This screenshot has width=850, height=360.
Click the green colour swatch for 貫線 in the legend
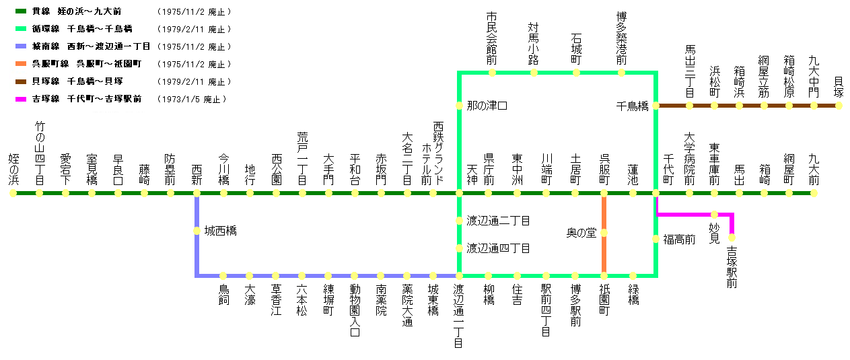pos(20,11)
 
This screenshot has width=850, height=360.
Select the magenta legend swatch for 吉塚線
pos(20,99)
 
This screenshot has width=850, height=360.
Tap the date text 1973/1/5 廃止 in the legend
pos(193,100)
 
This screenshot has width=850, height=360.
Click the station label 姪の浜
pos(13,169)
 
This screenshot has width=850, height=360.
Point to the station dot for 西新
pos(197,193)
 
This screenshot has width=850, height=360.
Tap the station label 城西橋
pos(220,231)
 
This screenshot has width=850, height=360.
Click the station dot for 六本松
pos(302,275)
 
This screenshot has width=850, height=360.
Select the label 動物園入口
pos(355,310)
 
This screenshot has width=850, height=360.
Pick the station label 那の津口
pos(487,106)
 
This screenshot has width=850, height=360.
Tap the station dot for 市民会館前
pos(492,72)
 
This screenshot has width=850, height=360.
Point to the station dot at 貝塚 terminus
pos(839,106)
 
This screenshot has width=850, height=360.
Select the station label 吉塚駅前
pos(732,268)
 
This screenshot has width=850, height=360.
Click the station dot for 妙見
pos(714,215)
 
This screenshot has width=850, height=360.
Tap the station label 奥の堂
pos(581,233)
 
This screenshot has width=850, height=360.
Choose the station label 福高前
pos(679,239)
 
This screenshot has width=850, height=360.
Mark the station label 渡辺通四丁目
pos(498,248)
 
